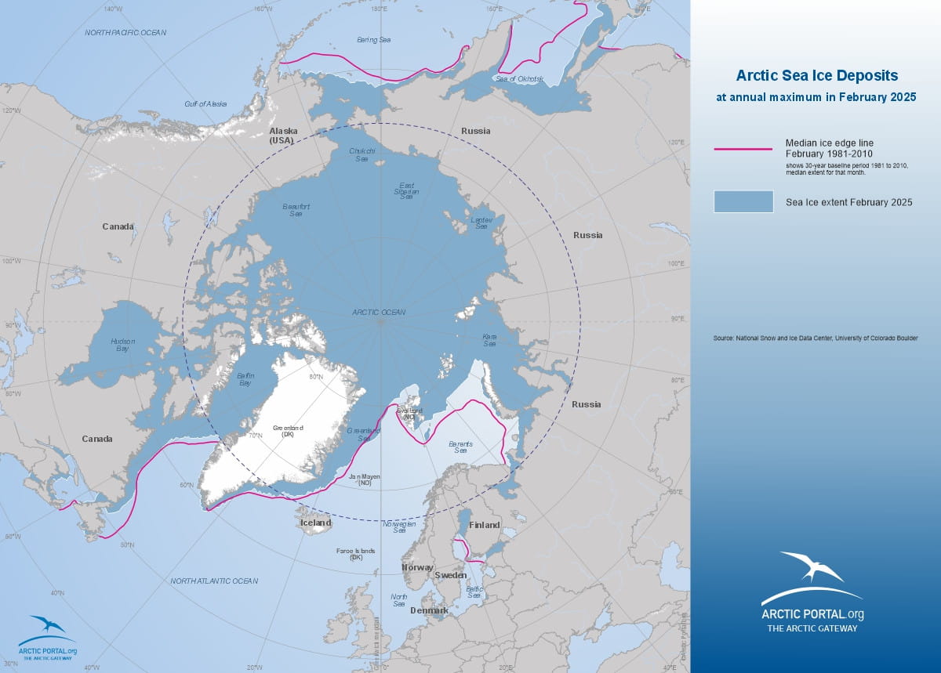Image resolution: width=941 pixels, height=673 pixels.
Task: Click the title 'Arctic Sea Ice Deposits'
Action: click(x=816, y=76)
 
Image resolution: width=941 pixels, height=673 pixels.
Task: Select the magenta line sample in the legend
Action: click(x=743, y=148)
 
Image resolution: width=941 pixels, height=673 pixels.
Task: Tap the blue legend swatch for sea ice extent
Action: click(x=743, y=201)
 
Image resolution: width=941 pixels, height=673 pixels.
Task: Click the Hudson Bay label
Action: click(x=122, y=346)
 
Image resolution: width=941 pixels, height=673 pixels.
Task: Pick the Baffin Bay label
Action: click(x=245, y=380)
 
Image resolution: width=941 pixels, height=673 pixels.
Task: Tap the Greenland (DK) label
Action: click(x=283, y=432)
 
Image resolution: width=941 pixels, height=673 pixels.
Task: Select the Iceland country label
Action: click(x=316, y=523)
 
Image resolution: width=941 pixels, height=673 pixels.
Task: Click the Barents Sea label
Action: click(x=460, y=447)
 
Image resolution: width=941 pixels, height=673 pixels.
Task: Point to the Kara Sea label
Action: click(x=489, y=339)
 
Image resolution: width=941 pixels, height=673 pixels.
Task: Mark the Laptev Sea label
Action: click(x=481, y=223)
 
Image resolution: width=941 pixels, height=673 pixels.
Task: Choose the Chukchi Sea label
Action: click(x=362, y=154)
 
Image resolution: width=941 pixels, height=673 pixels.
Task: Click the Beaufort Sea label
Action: click(x=296, y=209)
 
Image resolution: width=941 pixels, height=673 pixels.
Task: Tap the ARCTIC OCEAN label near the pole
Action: click(x=379, y=312)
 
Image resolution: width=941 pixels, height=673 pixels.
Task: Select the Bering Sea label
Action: click(x=374, y=39)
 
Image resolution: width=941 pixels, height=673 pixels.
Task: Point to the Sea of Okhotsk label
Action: click(x=520, y=78)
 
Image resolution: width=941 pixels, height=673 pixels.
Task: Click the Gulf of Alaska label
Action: click(x=205, y=103)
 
